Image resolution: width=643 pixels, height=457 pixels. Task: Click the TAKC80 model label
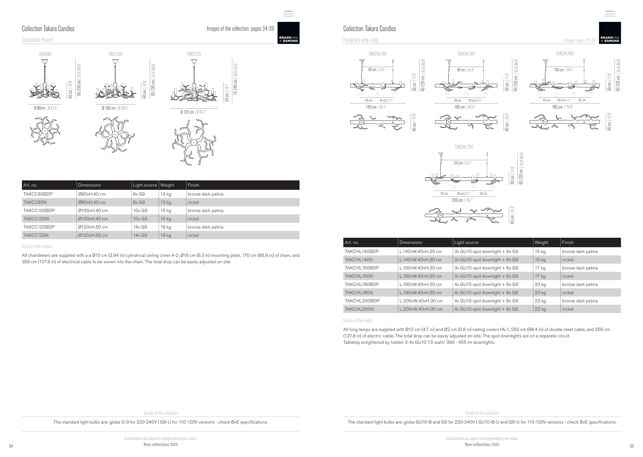[x=45, y=54]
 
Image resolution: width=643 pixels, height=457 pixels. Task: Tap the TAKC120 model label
[x=194, y=54]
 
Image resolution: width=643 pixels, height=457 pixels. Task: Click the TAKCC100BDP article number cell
[x=39, y=210]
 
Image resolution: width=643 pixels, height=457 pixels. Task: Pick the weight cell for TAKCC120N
[x=166, y=235]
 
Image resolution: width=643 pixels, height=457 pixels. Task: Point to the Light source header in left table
[x=145, y=185]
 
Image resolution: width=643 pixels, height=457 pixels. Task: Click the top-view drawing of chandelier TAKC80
[x=45, y=131]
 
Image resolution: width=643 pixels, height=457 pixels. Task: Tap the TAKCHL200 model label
[x=464, y=147]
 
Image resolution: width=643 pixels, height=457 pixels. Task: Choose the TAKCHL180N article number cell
[x=359, y=293]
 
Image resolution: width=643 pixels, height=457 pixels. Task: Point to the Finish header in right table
[x=568, y=243]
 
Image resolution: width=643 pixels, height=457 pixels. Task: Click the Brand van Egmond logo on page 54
[x=288, y=33]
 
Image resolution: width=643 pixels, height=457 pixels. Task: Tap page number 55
[x=632, y=446]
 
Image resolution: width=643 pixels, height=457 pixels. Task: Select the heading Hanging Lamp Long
[x=360, y=40]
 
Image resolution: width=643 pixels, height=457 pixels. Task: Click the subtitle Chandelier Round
[x=37, y=40]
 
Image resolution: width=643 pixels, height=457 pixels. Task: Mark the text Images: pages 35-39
[x=579, y=40]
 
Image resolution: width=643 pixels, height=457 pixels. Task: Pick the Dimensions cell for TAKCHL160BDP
[x=421, y=268]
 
